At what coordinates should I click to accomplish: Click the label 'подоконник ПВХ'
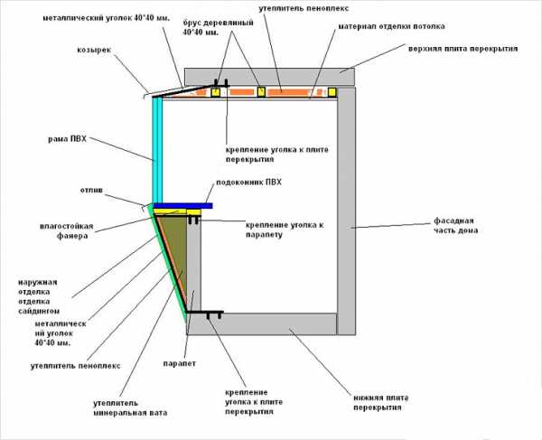coord(248,183)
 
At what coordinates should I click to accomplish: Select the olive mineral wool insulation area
coord(174,253)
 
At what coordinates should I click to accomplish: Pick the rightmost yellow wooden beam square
coord(332,91)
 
